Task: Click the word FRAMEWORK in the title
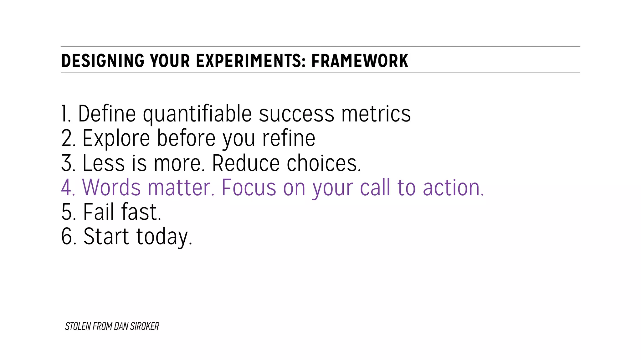click(x=360, y=61)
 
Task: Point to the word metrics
click(x=376, y=114)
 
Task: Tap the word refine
click(x=289, y=138)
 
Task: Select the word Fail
click(x=99, y=212)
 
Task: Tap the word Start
click(x=106, y=236)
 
